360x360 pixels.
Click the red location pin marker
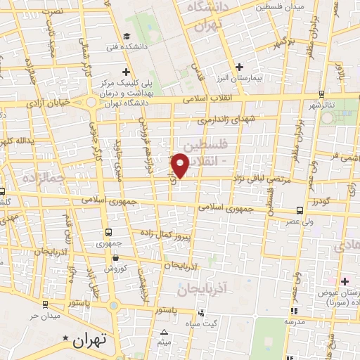point(181,165)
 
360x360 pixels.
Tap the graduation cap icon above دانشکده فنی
point(125,37)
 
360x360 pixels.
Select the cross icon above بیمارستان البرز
point(240,67)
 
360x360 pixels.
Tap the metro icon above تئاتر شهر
point(321,94)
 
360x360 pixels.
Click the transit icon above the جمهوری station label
point(108,232)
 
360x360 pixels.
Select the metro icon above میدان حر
point(46,304)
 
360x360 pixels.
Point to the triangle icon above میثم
point(165,333)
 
